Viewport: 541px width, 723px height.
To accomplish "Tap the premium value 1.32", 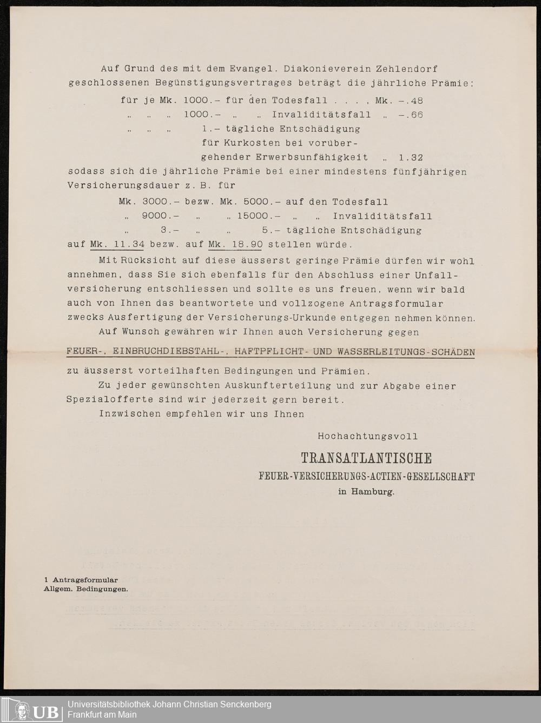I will (x=411, y=158).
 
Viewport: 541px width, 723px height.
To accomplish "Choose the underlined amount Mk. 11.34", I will (x=117, y=244).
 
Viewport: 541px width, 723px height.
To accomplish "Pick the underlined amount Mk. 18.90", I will (x=235, y=244).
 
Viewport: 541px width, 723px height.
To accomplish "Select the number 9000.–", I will (x=161, y=216).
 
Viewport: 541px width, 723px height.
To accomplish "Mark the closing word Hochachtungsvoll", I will (x=367, y=436).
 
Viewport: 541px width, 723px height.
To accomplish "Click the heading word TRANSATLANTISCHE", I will (x=366, y=459).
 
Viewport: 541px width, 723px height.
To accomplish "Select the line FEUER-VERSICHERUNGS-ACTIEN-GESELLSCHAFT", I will (x=366, y=477).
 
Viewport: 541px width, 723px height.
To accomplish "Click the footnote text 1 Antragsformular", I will (x=81, y=580).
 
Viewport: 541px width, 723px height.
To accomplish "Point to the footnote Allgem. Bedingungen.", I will (x=86, y=589).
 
